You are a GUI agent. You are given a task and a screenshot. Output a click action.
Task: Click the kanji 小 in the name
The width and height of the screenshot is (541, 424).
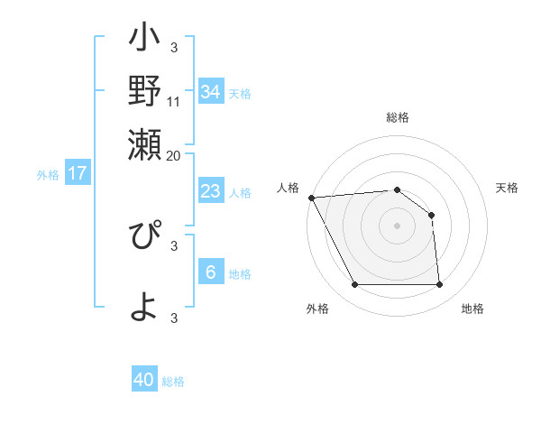coord(144,40)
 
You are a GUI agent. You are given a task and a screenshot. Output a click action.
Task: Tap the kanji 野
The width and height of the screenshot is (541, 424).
coord(144,90)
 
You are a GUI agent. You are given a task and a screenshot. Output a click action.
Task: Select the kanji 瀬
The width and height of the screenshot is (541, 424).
coord(144,143)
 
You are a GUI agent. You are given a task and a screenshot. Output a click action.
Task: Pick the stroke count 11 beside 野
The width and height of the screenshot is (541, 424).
coord(174,101)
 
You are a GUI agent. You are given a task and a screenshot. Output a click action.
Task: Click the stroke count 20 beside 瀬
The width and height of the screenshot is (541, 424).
coord(174,155)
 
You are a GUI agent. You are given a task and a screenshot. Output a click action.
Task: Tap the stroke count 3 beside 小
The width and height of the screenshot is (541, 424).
coord(174,47)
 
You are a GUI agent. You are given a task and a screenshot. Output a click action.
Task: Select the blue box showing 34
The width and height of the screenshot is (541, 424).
coord(210,91)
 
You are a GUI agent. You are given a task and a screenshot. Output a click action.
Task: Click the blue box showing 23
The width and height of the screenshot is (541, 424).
coord(210,191)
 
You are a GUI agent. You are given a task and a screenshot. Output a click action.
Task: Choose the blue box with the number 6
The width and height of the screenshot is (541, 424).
coord(210,272)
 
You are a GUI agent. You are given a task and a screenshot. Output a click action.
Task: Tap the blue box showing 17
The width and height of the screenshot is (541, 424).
coord(78,173)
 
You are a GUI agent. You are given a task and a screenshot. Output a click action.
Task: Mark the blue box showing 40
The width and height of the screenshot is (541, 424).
coord(144,380)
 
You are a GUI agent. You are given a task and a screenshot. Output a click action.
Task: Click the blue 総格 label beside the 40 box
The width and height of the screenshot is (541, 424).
coord(173,382)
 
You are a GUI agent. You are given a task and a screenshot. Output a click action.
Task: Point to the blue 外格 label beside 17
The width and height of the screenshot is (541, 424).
coord(48,175)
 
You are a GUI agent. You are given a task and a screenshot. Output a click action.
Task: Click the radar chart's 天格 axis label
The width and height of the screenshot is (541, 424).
coord(507,188)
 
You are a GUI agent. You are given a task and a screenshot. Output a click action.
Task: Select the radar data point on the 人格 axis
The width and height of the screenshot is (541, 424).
coord(311,198)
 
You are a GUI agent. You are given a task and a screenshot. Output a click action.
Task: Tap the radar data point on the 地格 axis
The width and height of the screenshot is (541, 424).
coord(439,285)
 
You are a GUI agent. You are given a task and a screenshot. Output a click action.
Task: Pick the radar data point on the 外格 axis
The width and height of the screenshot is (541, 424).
coord(354,285)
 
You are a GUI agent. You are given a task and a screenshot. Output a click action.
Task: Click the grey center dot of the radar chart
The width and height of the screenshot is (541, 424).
coord(397,226)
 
